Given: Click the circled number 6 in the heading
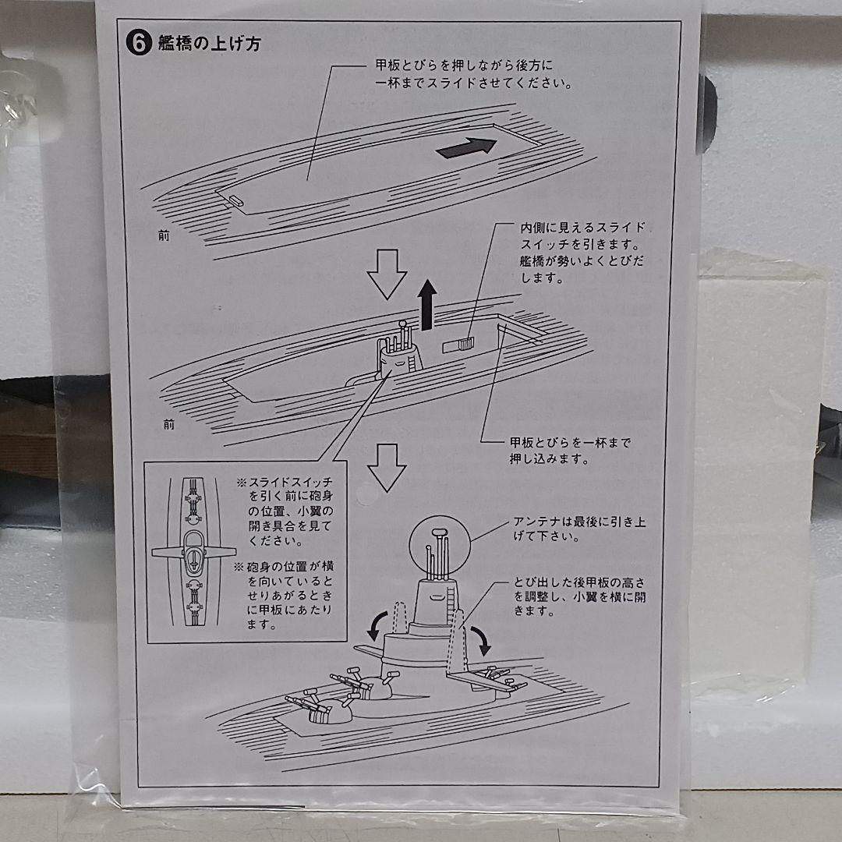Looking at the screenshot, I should (x=138, y=44).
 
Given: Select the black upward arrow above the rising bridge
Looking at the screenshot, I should (x=426, y=306).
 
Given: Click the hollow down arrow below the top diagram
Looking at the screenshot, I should (x=387, y=274).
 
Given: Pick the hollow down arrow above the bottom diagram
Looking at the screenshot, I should (x=387, y=466).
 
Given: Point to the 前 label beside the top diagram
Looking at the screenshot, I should (x=162, y=236).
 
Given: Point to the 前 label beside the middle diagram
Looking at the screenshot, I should (x=169, y=425).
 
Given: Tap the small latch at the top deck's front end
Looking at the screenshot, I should (x=233, y=200).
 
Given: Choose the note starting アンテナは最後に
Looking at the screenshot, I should (x=579, y=529).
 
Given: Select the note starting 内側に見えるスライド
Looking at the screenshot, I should (x=582, y=252).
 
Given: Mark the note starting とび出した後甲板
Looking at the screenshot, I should (x=579, y=597).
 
